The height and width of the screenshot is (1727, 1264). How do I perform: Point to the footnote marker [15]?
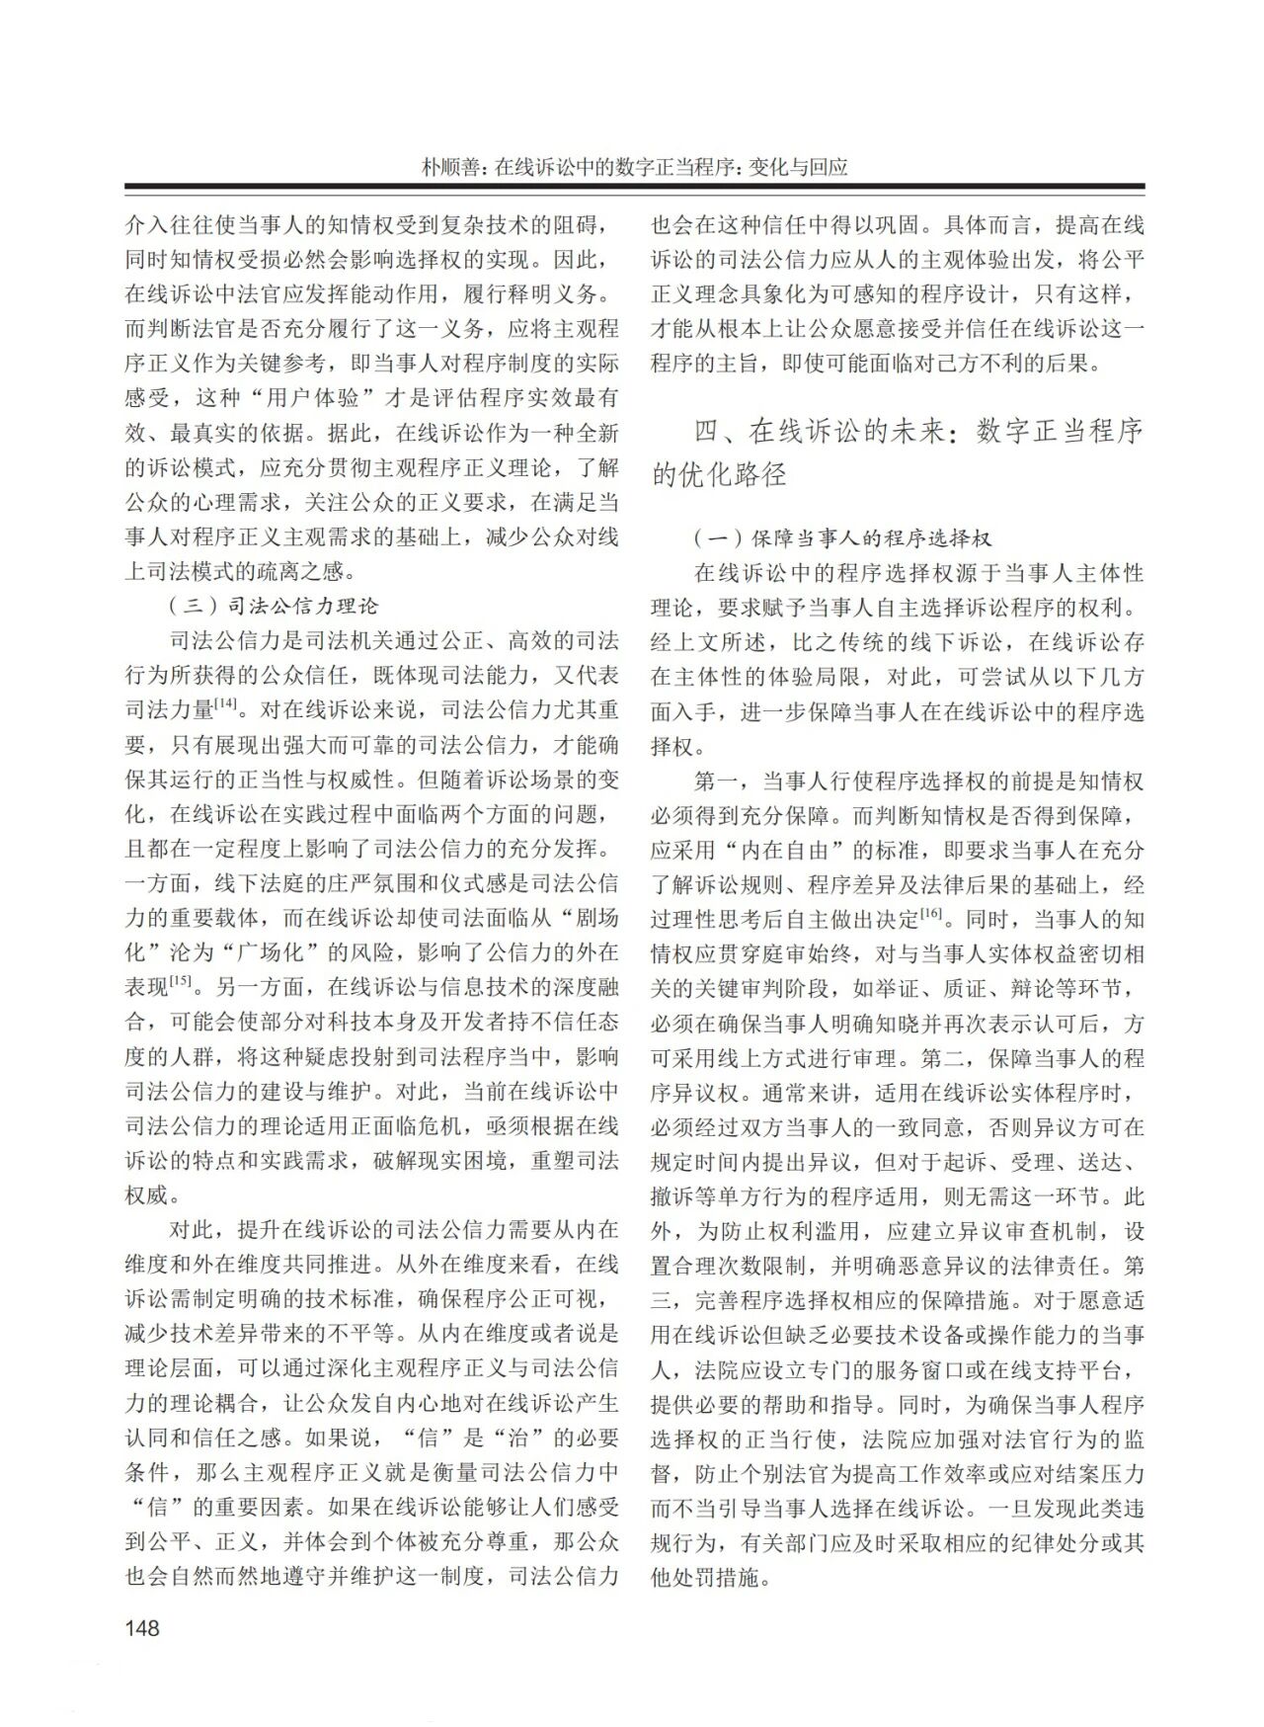(180, 980)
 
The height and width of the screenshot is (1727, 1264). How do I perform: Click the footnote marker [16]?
(931, 912)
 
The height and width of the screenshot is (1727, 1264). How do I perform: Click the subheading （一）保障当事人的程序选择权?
(841, 538)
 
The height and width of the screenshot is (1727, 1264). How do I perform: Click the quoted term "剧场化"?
(577, 918)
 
